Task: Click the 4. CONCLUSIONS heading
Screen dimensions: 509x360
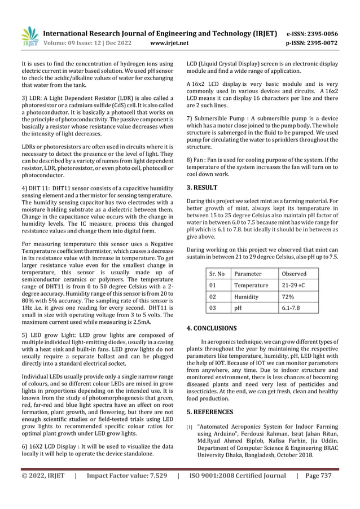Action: [212, 328]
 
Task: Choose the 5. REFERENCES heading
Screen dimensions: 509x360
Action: [210, 412]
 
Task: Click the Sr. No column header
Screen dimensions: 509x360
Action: [217, 274]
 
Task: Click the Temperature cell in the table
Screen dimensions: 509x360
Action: [252, 285]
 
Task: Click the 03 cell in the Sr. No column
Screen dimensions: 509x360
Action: [213, 308]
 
